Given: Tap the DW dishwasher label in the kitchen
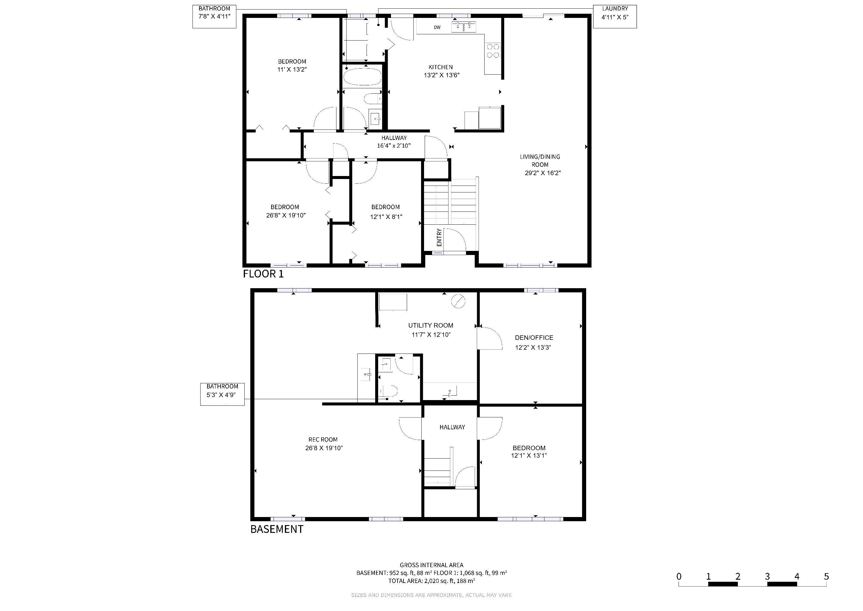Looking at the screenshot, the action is tap(437, 27).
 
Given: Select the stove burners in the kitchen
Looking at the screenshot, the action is tap(493, 51).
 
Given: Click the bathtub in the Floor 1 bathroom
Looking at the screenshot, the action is tap(362, 77).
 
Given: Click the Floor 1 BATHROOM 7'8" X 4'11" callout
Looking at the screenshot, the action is tap(214, 16).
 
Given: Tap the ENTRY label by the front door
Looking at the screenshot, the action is tap(439, 237).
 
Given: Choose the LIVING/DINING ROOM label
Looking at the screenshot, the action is tap(540, 161).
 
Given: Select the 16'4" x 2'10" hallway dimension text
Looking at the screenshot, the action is tap(394, 146).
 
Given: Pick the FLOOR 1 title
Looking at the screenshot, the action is tap(263, 274).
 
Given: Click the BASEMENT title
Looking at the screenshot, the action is tap(277, 529).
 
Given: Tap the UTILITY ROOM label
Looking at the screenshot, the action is tap(431, 325).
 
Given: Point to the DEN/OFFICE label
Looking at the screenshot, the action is tap(534, 338).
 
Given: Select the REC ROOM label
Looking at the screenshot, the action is tap(323, 439).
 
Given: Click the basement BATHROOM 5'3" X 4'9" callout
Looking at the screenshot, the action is tap(222, 394).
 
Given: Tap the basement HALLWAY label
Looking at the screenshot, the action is tap(452, 427).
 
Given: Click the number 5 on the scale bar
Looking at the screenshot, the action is tap(826, 576).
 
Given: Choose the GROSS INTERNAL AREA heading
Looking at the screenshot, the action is tap(431, 565).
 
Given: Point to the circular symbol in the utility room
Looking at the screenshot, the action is tap(459, 301).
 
